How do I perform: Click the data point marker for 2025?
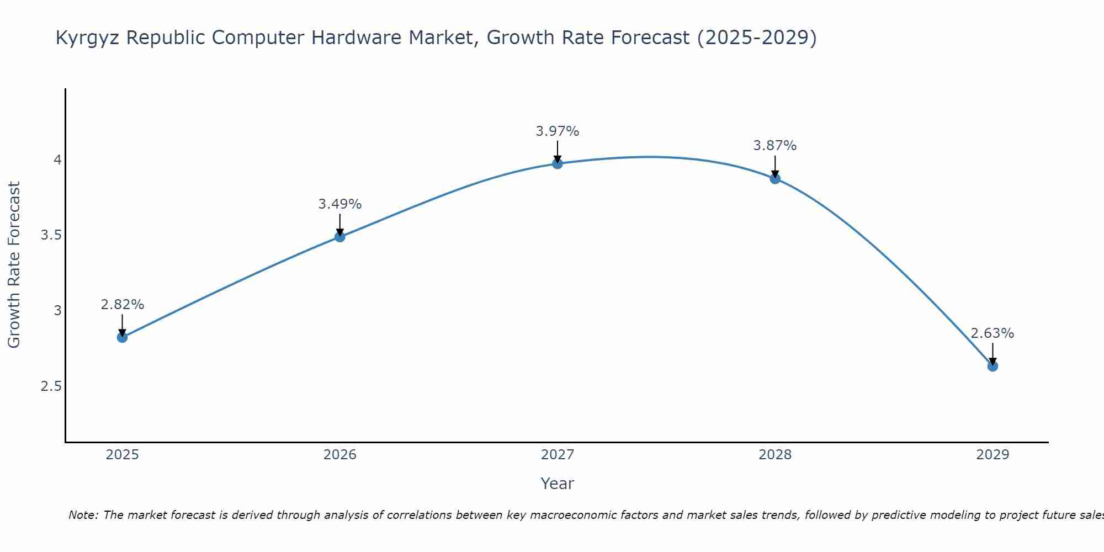coord(123,337)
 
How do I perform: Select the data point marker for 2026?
coord(340,237)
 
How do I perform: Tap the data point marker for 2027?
coord(558,163)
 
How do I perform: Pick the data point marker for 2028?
coord(775,178)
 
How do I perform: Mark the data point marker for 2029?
coord(992,366)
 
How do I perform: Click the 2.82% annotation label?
coord(123,305)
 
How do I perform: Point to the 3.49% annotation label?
coord(340,204)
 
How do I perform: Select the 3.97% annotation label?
coord(558,131)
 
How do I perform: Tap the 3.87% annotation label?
coord(775,146)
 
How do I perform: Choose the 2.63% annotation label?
coord(992,333)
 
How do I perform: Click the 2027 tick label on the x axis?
coord(558,455)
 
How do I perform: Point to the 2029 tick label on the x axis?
coord(992,455)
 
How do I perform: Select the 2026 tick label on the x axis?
coord(340,455)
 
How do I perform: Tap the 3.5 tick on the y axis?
coord(51,236)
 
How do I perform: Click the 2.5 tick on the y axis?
coord(51,386)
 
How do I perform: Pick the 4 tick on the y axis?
coord(57,160)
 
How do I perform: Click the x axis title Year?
coord(558,484)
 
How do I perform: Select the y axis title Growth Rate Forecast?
coord(14,265)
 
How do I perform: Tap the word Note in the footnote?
coord(83,515)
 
